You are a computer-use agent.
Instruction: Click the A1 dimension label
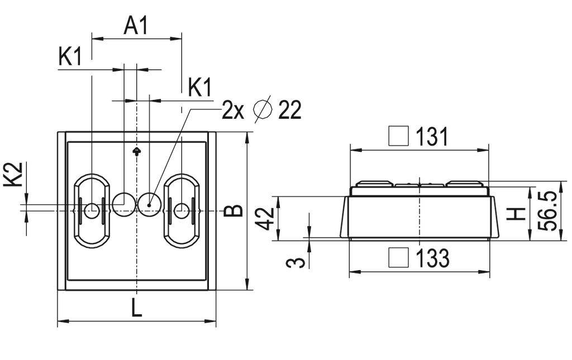[136, 26]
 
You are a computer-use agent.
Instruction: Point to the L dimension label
[136, 308]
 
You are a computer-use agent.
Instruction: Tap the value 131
[432, 137]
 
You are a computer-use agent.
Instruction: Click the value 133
[432, 258]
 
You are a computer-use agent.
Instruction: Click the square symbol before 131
[399, 136]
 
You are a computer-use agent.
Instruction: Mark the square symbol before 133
[399, 257]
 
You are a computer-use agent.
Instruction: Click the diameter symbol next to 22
[263, 110]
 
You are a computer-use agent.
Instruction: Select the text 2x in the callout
[233, 111]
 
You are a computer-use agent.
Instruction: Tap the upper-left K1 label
[70, 57]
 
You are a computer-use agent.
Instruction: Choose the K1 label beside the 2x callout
[199, 88]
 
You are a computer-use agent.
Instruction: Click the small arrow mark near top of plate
[136, 151]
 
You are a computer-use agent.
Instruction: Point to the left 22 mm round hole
[123, 204]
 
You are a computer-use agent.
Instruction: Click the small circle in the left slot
[92, 210]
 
